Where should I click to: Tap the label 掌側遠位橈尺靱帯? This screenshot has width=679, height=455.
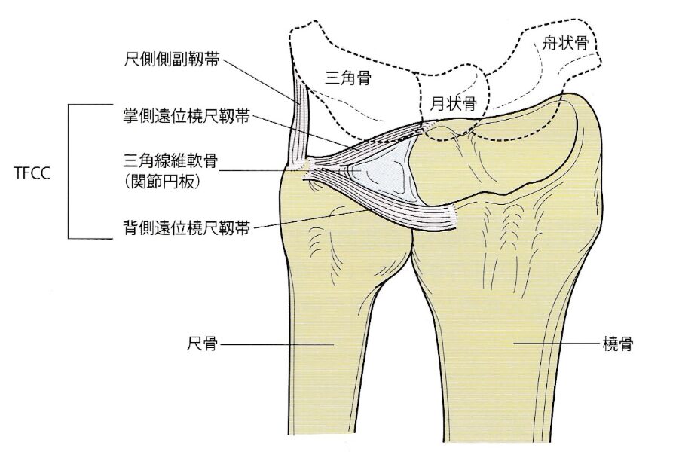(x=177, y=117)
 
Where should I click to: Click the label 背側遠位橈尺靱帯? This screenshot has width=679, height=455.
(x=177, y=225)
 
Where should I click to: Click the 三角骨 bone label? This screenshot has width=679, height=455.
(x=352, y=77)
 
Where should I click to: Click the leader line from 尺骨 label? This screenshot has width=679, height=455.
(x=279, y=344)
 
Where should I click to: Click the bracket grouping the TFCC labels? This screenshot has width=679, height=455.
(x=69, y=171)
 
